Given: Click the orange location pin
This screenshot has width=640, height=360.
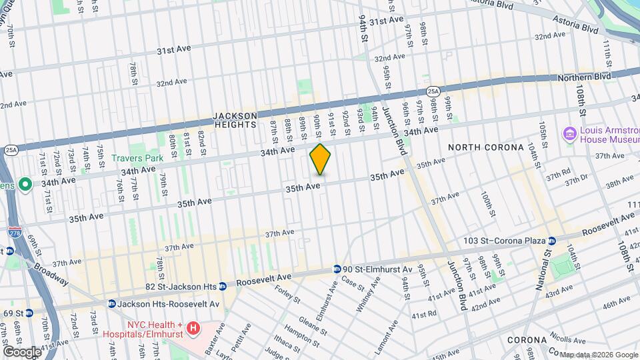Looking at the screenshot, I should click(x=320, y=159).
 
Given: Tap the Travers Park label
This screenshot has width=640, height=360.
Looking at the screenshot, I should click(x=137, y=158).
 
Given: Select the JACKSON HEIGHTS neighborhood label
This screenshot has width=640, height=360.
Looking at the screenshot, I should click(x=235, y=120).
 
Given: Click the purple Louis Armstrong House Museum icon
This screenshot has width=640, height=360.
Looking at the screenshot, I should click(x=570, y=134).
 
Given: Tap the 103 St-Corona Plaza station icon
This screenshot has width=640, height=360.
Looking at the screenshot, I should click(x=552, y=240).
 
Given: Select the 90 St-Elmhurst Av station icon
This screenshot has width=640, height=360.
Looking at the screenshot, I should click(x=338, y=269).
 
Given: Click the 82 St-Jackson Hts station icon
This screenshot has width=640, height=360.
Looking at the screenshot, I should click(x=223, y=286).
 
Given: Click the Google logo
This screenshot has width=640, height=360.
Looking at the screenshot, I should click(x=22, y=351).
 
